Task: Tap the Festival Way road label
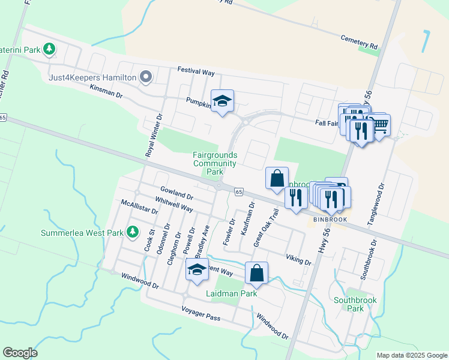(196, 71)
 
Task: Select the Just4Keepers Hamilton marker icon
(145, 77)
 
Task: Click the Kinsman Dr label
(106, 91)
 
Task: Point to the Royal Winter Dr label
(154, 136)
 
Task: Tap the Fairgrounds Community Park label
(215, 163)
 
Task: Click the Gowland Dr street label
(176, 192)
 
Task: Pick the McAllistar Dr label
(139, 207)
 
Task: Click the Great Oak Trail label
(266, 227)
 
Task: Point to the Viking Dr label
(299, 258)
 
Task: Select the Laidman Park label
(231, 293)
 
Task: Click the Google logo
(20, 352)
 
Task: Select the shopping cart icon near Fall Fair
(380, 125)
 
